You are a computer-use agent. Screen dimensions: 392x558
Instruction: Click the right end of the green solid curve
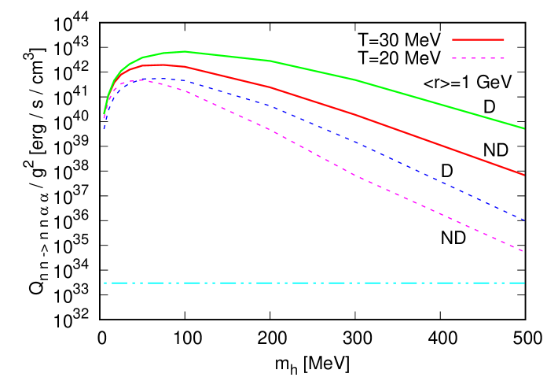524,128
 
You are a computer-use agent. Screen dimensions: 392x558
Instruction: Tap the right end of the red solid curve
524,175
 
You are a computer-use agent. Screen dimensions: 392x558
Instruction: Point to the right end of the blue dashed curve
524,220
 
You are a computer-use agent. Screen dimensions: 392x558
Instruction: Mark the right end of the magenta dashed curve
524,252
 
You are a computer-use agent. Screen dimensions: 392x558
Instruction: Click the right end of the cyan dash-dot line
524,283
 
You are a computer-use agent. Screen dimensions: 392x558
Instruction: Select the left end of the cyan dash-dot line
104,283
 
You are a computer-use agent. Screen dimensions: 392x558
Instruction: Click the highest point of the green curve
182,51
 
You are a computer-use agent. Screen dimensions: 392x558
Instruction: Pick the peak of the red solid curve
161,65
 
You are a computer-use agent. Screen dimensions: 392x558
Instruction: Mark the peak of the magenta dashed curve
143,80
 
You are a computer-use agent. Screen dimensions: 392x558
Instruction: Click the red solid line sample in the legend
478,39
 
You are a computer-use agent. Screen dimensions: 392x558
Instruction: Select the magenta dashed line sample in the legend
478,58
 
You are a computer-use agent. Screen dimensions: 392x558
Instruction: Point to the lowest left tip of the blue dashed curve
104,130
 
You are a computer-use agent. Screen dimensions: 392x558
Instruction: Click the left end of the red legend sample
453,39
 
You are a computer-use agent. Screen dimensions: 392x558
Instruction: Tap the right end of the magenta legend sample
504,58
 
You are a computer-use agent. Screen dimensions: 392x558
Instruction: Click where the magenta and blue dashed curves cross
119,86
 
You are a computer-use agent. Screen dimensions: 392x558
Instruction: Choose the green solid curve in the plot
354,80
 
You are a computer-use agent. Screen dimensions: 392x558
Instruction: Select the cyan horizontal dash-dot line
314,283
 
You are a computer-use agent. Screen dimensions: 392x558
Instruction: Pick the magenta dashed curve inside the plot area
354,174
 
